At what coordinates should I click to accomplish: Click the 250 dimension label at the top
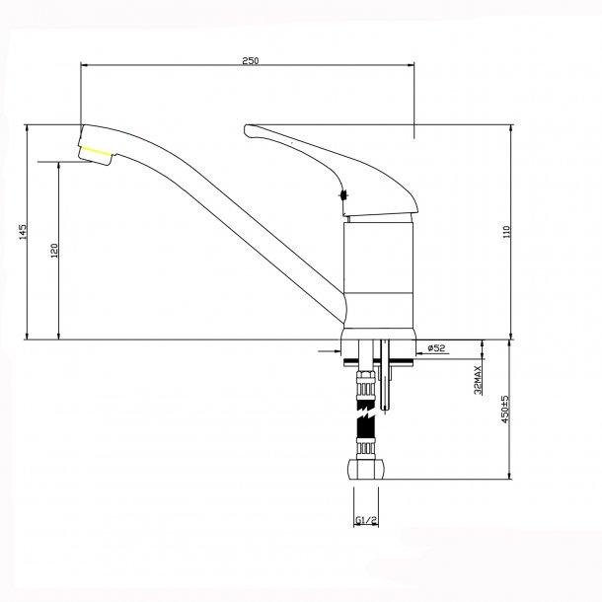250,61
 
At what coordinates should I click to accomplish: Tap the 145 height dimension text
22,233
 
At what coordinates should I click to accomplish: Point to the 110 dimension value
506,233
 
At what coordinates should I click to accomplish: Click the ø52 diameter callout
437,347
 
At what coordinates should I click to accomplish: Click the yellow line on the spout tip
96,150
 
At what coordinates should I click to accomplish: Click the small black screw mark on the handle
343,195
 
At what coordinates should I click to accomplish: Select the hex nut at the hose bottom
362,471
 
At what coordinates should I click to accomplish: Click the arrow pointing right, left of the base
330,348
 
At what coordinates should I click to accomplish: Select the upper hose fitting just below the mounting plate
364,387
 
